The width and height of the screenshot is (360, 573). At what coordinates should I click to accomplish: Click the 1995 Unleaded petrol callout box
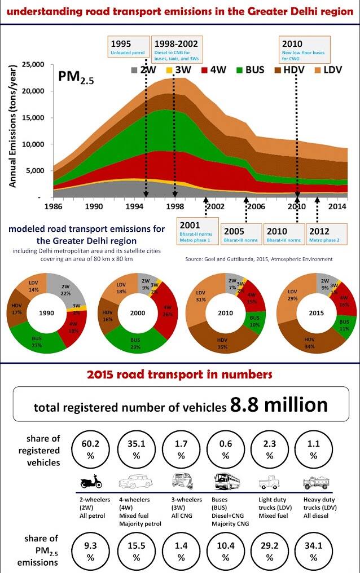[129, 47]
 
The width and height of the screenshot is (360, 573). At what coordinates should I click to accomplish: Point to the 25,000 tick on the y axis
[32, 65]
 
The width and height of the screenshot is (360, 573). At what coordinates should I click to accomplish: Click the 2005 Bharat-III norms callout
[241, 235]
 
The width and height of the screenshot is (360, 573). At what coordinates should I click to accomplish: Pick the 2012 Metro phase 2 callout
[325, 235]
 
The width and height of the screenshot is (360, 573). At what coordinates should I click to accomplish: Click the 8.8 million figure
[279, 405]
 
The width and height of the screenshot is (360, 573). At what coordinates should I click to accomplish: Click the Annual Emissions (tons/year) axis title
[12, 125]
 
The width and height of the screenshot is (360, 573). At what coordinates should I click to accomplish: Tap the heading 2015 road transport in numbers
[179, 374]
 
